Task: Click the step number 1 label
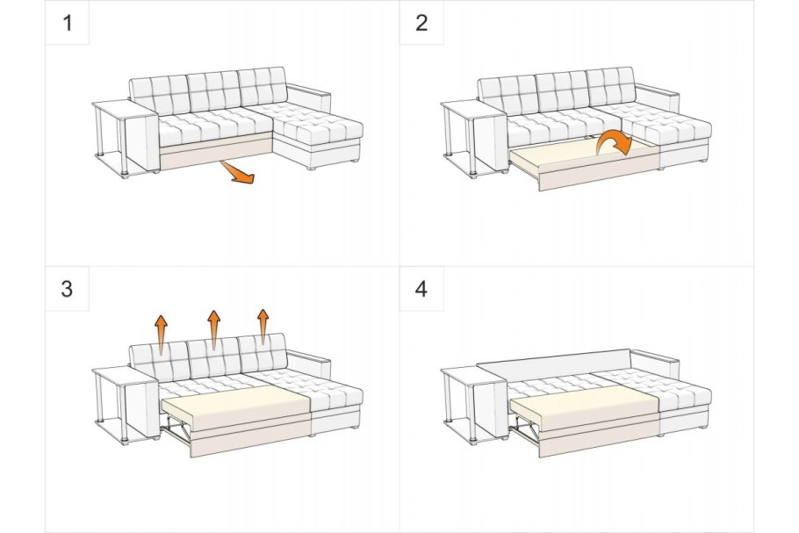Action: (x=68, y=23)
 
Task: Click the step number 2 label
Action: (x=421, y=23)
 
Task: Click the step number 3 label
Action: (x=67, y=289)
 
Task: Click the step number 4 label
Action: (x=421, y=289)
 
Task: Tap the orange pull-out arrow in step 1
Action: (x=237, y=172)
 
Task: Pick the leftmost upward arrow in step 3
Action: (x=161, y=335)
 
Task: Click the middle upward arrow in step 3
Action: (x=214, y=329)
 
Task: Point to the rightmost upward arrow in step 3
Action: (x=263, y=327)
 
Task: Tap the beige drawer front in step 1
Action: (x=217, y=151)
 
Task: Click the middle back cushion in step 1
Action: (x=213, y=90)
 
